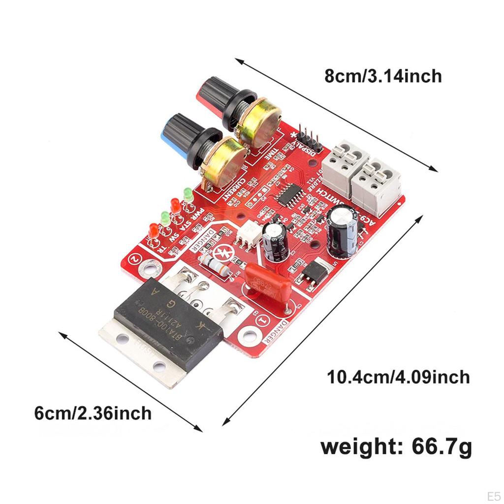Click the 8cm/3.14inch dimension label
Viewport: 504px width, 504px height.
point(383,76)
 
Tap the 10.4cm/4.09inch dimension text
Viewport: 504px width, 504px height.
point(399,377)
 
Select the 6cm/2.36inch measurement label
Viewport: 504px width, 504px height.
point(93,412)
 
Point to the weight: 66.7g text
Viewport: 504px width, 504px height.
point(396,447)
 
